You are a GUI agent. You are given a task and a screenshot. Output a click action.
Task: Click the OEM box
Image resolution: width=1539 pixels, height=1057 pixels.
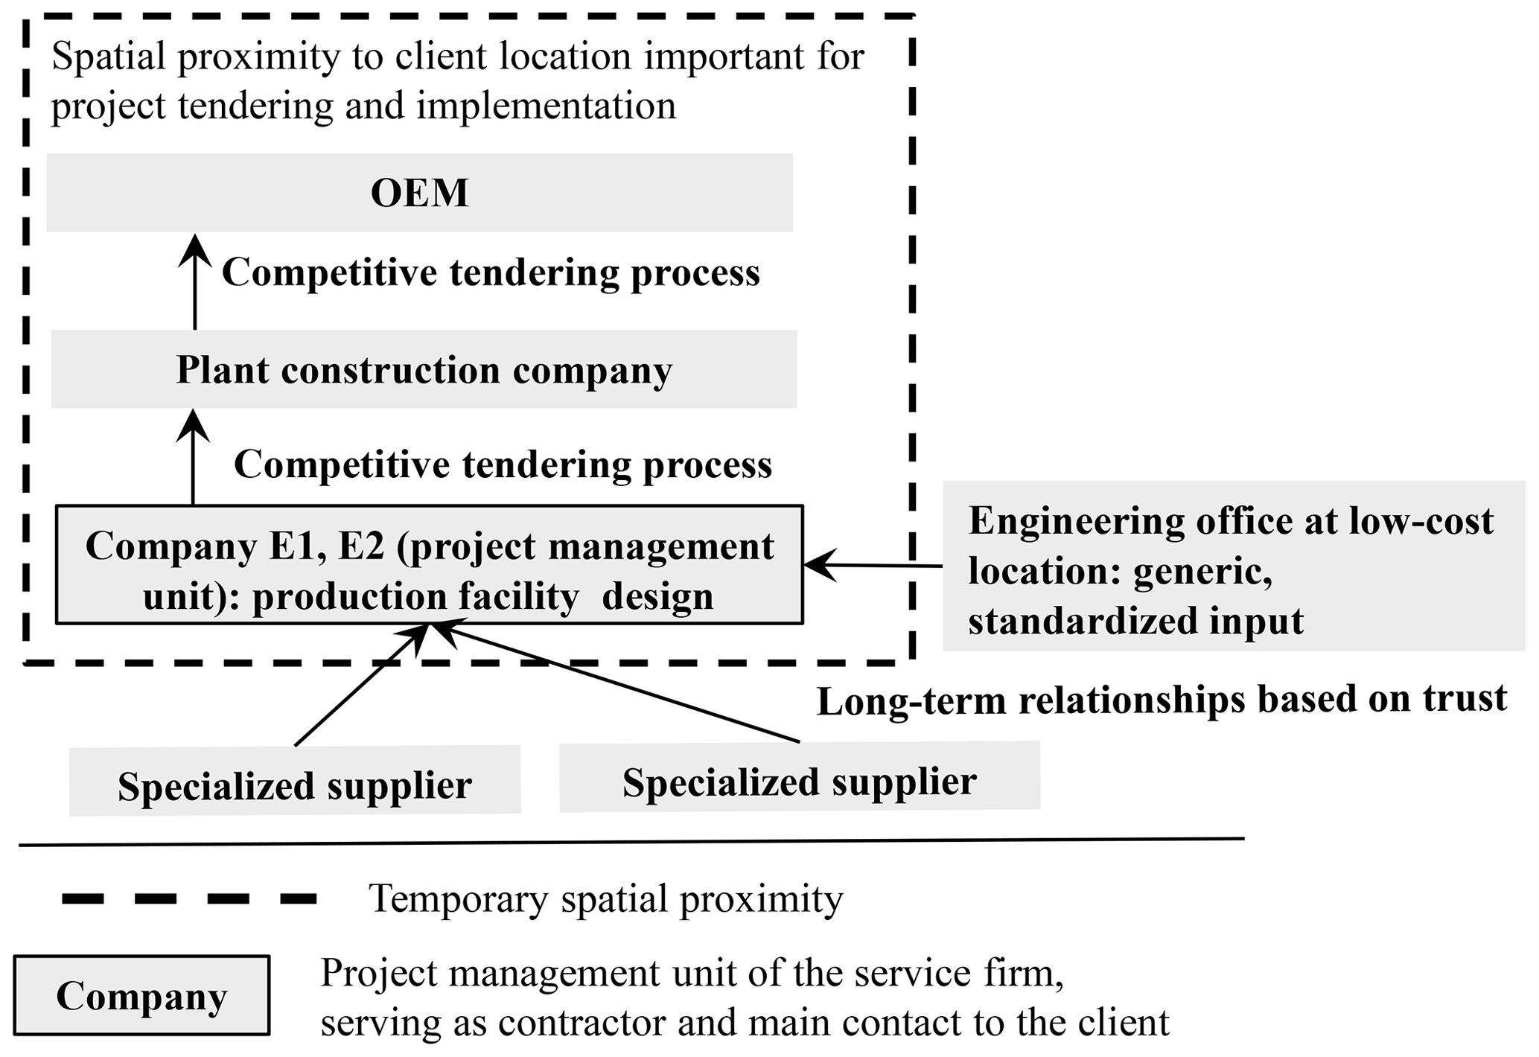click(x=419, y=193)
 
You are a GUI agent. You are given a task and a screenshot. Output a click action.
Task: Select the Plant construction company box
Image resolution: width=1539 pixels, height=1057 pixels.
click(x=424, y=370)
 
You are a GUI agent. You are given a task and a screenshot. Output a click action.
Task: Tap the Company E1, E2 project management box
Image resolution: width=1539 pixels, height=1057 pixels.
click(x=430, y=565)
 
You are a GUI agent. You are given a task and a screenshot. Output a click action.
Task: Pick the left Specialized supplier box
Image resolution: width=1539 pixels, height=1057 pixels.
click(x=295, y=782)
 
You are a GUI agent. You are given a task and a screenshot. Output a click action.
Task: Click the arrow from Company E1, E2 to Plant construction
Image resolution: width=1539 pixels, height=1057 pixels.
click(x=194, y=457)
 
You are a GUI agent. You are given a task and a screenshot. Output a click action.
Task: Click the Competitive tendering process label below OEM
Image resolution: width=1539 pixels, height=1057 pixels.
click(x=491, y=272)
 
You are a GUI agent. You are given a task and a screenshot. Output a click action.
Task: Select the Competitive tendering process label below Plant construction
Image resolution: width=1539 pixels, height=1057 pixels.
click(x=503, y=464)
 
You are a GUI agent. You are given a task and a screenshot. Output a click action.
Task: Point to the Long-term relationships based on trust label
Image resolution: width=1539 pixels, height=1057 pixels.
click(x=1162, y=700)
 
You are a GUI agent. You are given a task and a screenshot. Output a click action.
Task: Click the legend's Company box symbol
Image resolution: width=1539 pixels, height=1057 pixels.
click(x=141, y=996)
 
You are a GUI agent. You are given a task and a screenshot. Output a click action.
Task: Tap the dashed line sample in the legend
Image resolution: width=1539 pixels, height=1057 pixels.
click(x=190, y=899)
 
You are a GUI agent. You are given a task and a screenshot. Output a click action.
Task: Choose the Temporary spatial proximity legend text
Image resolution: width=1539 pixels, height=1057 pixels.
click(x=605, y=899)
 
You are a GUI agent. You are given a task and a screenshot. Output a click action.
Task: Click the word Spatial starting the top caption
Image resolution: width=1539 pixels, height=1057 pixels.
click(x=109, y=57)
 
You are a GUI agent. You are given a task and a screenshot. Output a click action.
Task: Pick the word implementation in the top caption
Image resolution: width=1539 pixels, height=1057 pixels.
click(x=546, y=106)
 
